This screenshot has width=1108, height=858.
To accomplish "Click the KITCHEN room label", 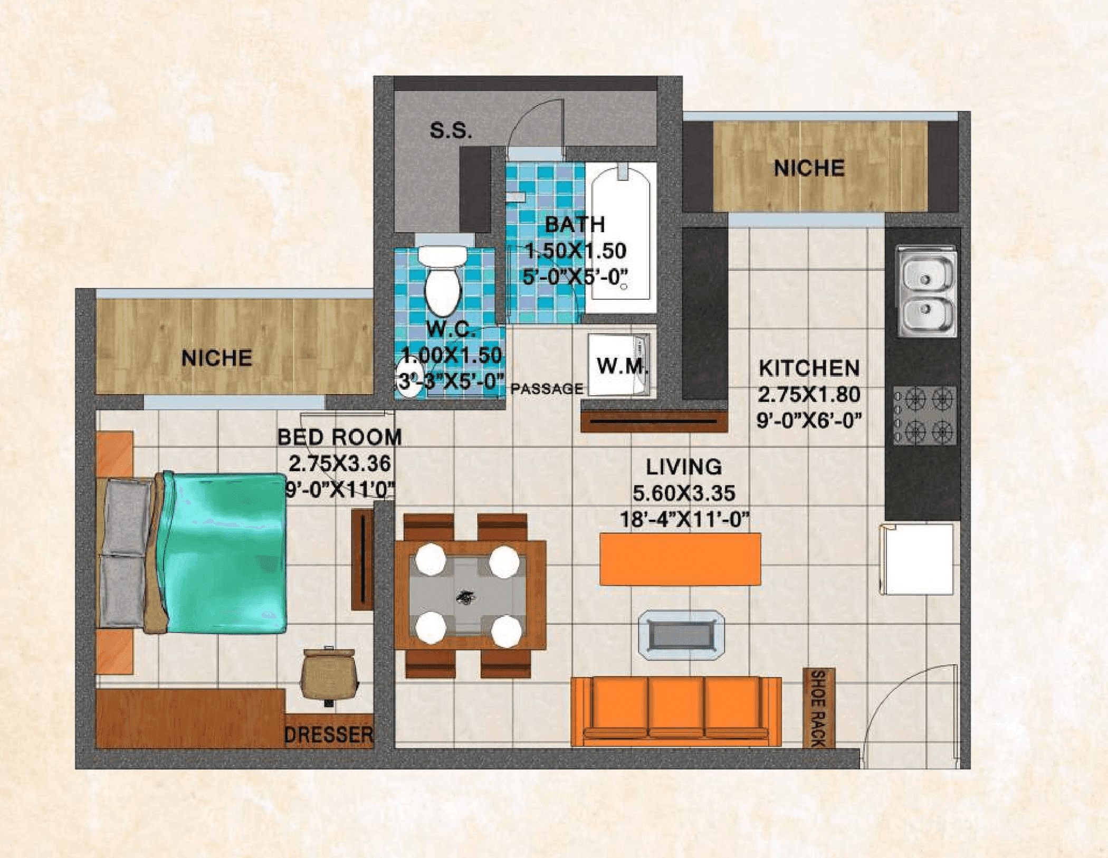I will coord(809,368).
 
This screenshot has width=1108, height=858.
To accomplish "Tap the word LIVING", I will coord(684,467).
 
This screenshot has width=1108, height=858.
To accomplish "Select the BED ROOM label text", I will coord(339,437).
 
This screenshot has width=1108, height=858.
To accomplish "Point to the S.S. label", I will coord(451,130).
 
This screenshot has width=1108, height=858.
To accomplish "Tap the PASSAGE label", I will coord(547,389).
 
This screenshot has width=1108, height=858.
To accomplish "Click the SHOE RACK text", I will coord(818,708).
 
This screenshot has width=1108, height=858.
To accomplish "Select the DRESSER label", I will coord(328,735).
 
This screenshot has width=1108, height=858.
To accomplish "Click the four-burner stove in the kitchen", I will coord(924,415).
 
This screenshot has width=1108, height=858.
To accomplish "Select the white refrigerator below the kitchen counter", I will coord(918,559).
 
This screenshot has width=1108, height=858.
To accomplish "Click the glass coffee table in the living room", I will coord(681,635).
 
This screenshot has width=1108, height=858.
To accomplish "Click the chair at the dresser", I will coord(329,674).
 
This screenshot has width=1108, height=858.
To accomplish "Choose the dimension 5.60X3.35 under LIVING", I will coord(684,493).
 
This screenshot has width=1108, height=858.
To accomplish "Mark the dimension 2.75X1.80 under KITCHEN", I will coord(809,394).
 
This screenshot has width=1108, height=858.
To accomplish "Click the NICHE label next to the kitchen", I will coord(809,168).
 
